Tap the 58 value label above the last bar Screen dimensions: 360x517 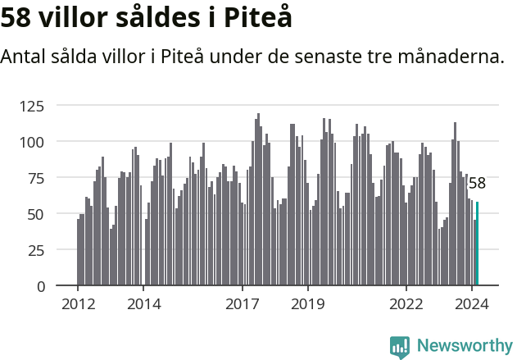[x=477, y=184]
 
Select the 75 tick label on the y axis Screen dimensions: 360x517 [x=57, y=178]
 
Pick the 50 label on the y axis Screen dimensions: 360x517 [x=57, y=214]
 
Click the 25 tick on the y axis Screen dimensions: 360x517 [x=57, y=250]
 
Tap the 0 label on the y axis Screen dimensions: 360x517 [x=61, y=286]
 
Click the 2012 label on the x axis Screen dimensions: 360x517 [x=78, y=304]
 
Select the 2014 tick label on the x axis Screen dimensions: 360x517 [x=143, y=304]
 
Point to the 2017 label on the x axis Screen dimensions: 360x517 [x=243, y=304]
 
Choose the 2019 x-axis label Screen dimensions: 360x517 [x=308, y=304]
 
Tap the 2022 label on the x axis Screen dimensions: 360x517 [x=406, y=304]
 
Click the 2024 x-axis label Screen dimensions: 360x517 [x=473, y=304]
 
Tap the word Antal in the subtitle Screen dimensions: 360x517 [x=25, y=57]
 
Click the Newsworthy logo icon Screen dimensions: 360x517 [x=399, y=347]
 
